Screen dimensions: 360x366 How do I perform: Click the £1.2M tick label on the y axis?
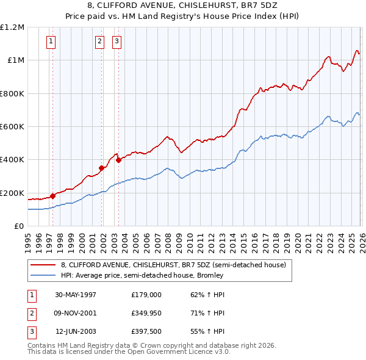[x=12, y=27]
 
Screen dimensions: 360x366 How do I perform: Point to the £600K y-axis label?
[x=12, y=127]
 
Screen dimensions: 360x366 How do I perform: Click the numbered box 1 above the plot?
[x=50, y=41]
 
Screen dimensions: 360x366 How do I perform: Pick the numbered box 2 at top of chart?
[x=99, y=41]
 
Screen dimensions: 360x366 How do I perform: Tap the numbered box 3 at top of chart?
[x=117, y=41]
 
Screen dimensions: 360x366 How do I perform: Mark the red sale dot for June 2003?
[x=119, y=160]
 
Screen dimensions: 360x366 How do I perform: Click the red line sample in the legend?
[x=43, y=264]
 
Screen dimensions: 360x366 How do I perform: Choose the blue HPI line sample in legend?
[x=43, y=275]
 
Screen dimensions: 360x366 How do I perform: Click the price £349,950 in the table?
[x=146, y=313]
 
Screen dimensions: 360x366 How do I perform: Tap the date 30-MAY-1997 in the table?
[x=76, y=294]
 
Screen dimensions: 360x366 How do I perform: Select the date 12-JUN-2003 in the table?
[x=76, y=332]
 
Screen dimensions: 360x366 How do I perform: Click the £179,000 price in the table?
[x=146, y=294]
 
